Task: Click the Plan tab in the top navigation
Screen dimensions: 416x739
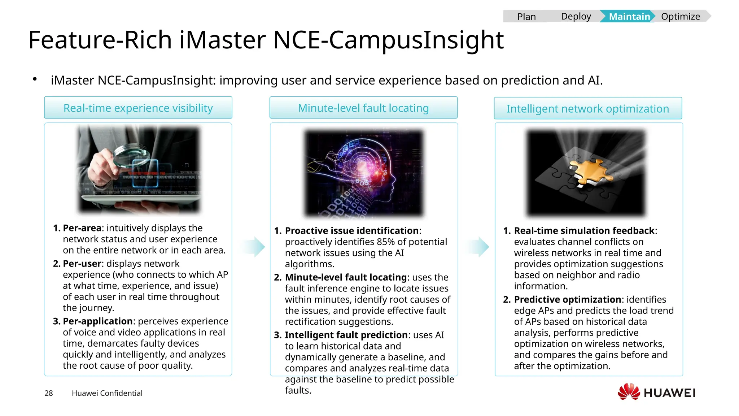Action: [x=526, y=17]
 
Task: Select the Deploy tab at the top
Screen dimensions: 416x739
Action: [x=576, y=17]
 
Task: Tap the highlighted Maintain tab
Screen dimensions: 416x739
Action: [x=629, y=17]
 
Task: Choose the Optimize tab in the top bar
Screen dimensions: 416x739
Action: [x=680, y=17]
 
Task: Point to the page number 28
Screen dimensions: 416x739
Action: [x=49, y=393]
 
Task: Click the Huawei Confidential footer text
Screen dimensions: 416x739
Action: [x=107, y=393]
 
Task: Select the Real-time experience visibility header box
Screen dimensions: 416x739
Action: [x=138, y=108]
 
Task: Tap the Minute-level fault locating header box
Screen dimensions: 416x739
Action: [x=363, y=108]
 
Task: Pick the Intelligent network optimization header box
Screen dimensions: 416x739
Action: [x=588, y=108]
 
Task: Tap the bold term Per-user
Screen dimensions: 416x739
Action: [x=82, y=264]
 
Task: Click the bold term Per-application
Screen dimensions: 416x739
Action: [x=97, y=321]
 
